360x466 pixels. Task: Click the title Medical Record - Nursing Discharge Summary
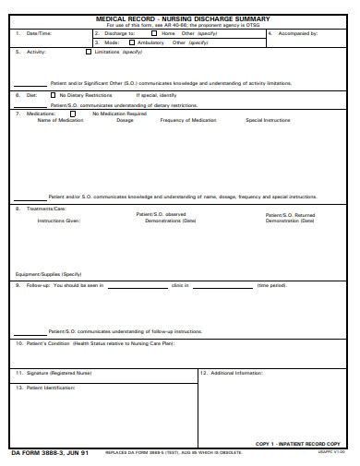click(x=183, y=18)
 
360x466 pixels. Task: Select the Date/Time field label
click(x=39, y=33)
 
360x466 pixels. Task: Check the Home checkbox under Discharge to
click(x=153, y=33)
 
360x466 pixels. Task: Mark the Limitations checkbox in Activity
click(x=89, y=53)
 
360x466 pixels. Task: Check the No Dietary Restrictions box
click(x=53, y=95)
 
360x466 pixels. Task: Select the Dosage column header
click(x=125, y=120)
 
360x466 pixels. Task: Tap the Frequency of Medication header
click(x=188, y=120)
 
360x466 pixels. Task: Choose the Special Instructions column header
click(x=268, y=120)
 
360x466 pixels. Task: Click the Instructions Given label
click(x=58, y=221)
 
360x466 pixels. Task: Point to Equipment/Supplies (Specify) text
click(x=48, y=274)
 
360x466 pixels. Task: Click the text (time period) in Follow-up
click(x=271, y=286)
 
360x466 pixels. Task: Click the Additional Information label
click(x=237, y=373)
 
